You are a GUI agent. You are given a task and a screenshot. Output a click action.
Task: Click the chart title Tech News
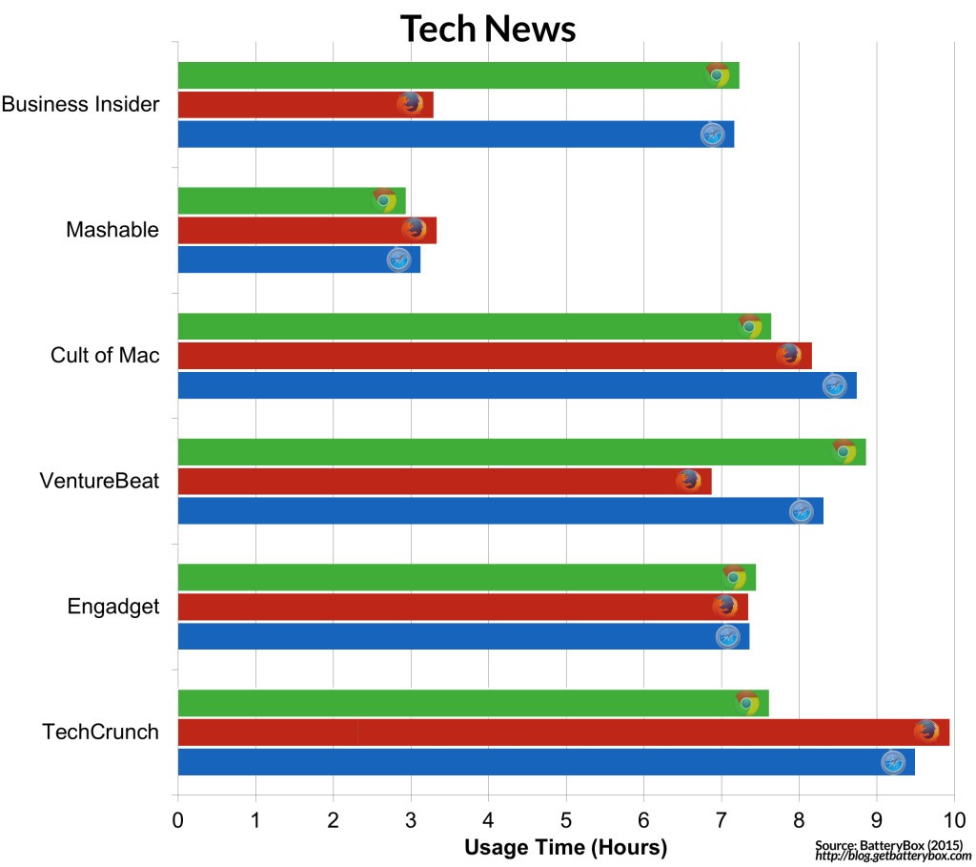(x=487, y=29)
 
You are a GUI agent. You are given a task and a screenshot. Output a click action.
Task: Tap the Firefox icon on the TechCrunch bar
(x=925, y=732)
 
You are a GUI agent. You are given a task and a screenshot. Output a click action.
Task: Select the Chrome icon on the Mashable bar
(x=384, y=200)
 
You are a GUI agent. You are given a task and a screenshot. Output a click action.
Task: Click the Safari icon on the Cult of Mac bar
(x=834, y=385)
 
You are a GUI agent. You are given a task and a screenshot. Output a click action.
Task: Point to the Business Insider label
(x=80, y=105)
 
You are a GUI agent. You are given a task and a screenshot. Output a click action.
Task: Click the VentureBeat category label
(x=99, y=481)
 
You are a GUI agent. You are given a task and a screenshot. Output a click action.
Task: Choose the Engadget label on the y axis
(x=113, y=607)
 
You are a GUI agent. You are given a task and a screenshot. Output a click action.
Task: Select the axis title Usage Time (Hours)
(x=565, y=847)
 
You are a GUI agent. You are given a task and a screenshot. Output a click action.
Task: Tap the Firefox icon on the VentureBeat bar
(x=688, y=481)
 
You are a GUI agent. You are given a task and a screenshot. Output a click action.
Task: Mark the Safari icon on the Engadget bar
(x=727, y=636)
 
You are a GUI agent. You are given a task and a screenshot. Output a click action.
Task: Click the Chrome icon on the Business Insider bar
(x=718, y=74)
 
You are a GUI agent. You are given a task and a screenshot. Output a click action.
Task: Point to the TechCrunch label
(x=100, y=733)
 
